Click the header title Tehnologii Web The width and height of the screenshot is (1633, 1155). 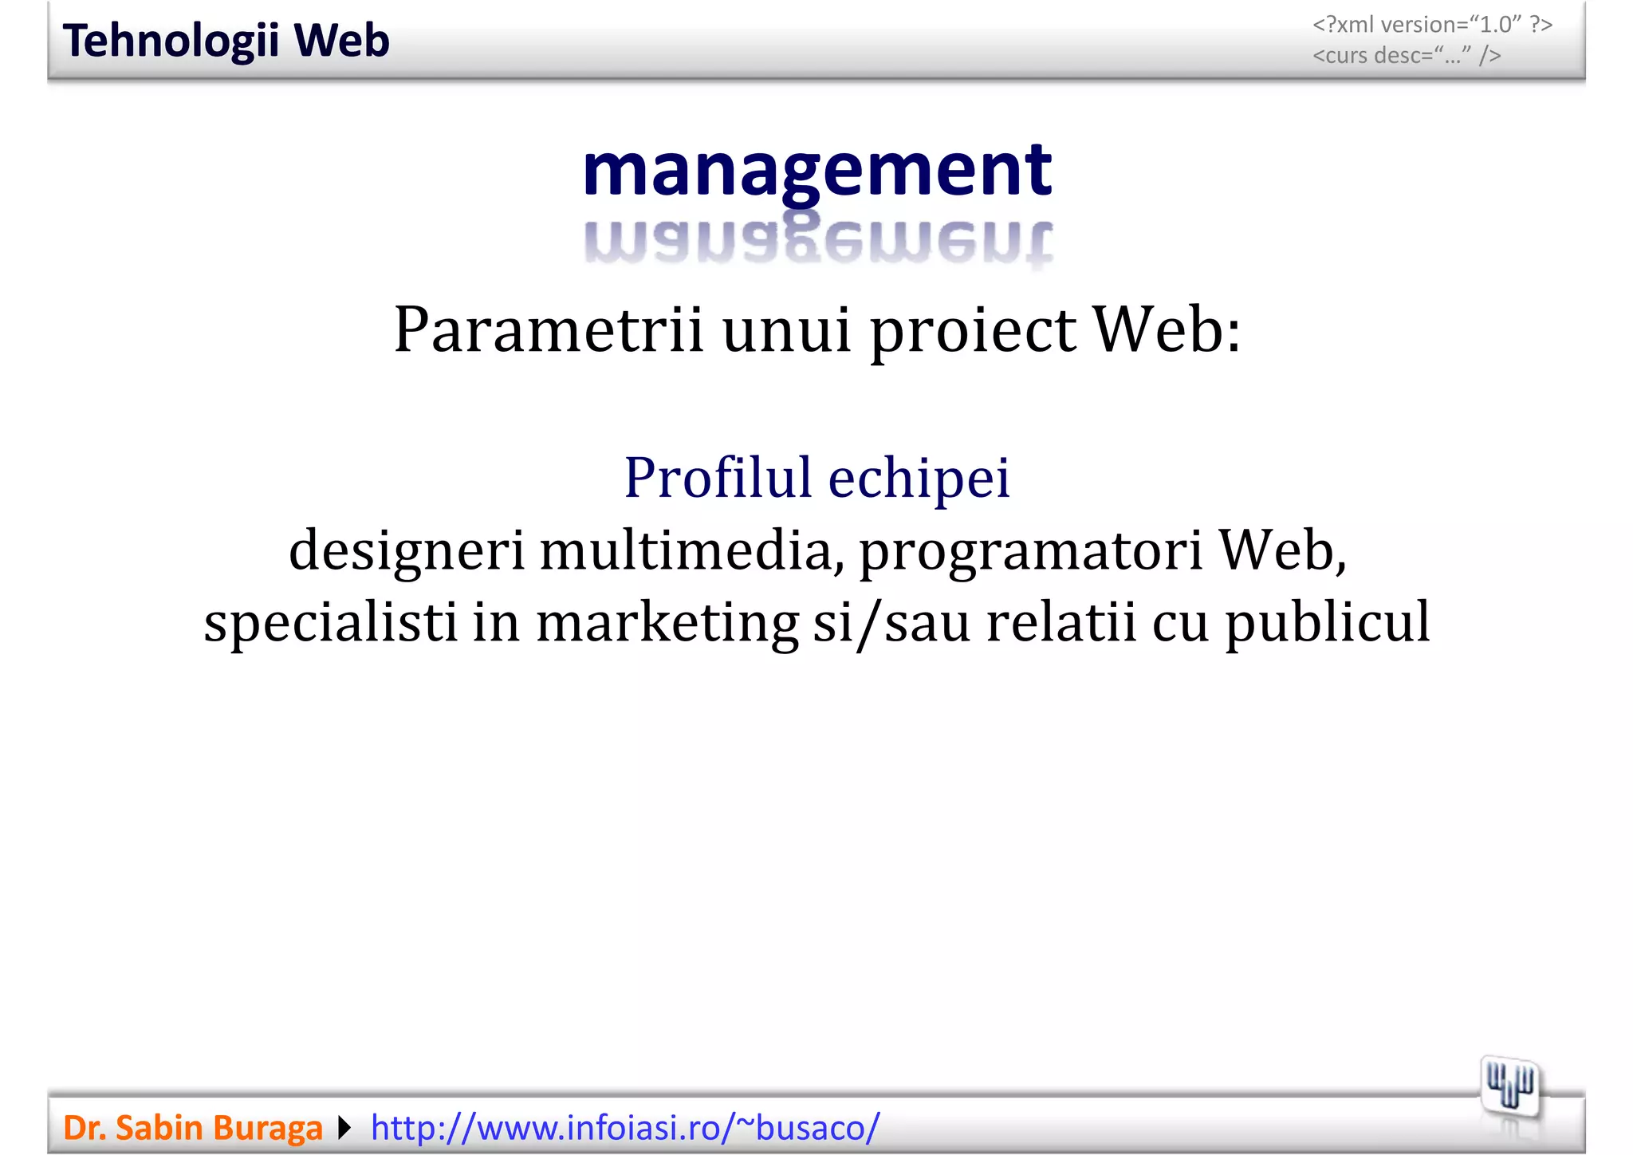coord(226,41)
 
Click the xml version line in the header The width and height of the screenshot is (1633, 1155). coord(1432,25)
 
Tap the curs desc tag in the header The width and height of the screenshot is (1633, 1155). coord(1407,55)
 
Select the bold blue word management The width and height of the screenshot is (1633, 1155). coord(817,171)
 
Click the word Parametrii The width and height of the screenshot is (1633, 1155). coord(549,329)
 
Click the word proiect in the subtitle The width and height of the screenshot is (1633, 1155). coord(973,329)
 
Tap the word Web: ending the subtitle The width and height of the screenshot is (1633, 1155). coord(1167,329)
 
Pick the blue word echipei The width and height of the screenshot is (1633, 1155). coord(919,478)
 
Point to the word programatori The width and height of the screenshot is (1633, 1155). coord(1031,551)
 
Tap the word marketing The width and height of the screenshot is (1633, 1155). coord(667,622)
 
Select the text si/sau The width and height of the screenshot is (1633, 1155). coord(891,622)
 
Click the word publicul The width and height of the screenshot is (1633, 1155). coord(1328,622)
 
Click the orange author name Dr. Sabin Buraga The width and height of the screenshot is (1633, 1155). coord(193,1128)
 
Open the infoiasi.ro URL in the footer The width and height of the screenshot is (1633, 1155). coord(625,1128)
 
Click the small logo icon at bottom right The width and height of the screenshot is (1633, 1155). coord(1510,1087)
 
